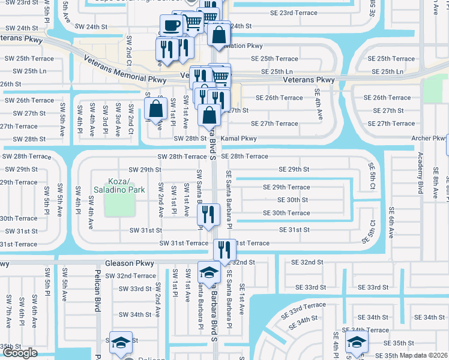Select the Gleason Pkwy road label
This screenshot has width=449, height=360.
130,263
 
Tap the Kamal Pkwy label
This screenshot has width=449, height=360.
238,139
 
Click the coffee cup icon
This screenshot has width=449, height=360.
171,26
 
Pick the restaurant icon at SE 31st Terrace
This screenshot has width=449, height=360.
224,249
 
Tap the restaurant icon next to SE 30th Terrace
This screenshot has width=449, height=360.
208,215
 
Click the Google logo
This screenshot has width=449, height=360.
19,353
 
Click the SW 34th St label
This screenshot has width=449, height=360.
135,314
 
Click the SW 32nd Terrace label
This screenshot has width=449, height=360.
130,276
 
